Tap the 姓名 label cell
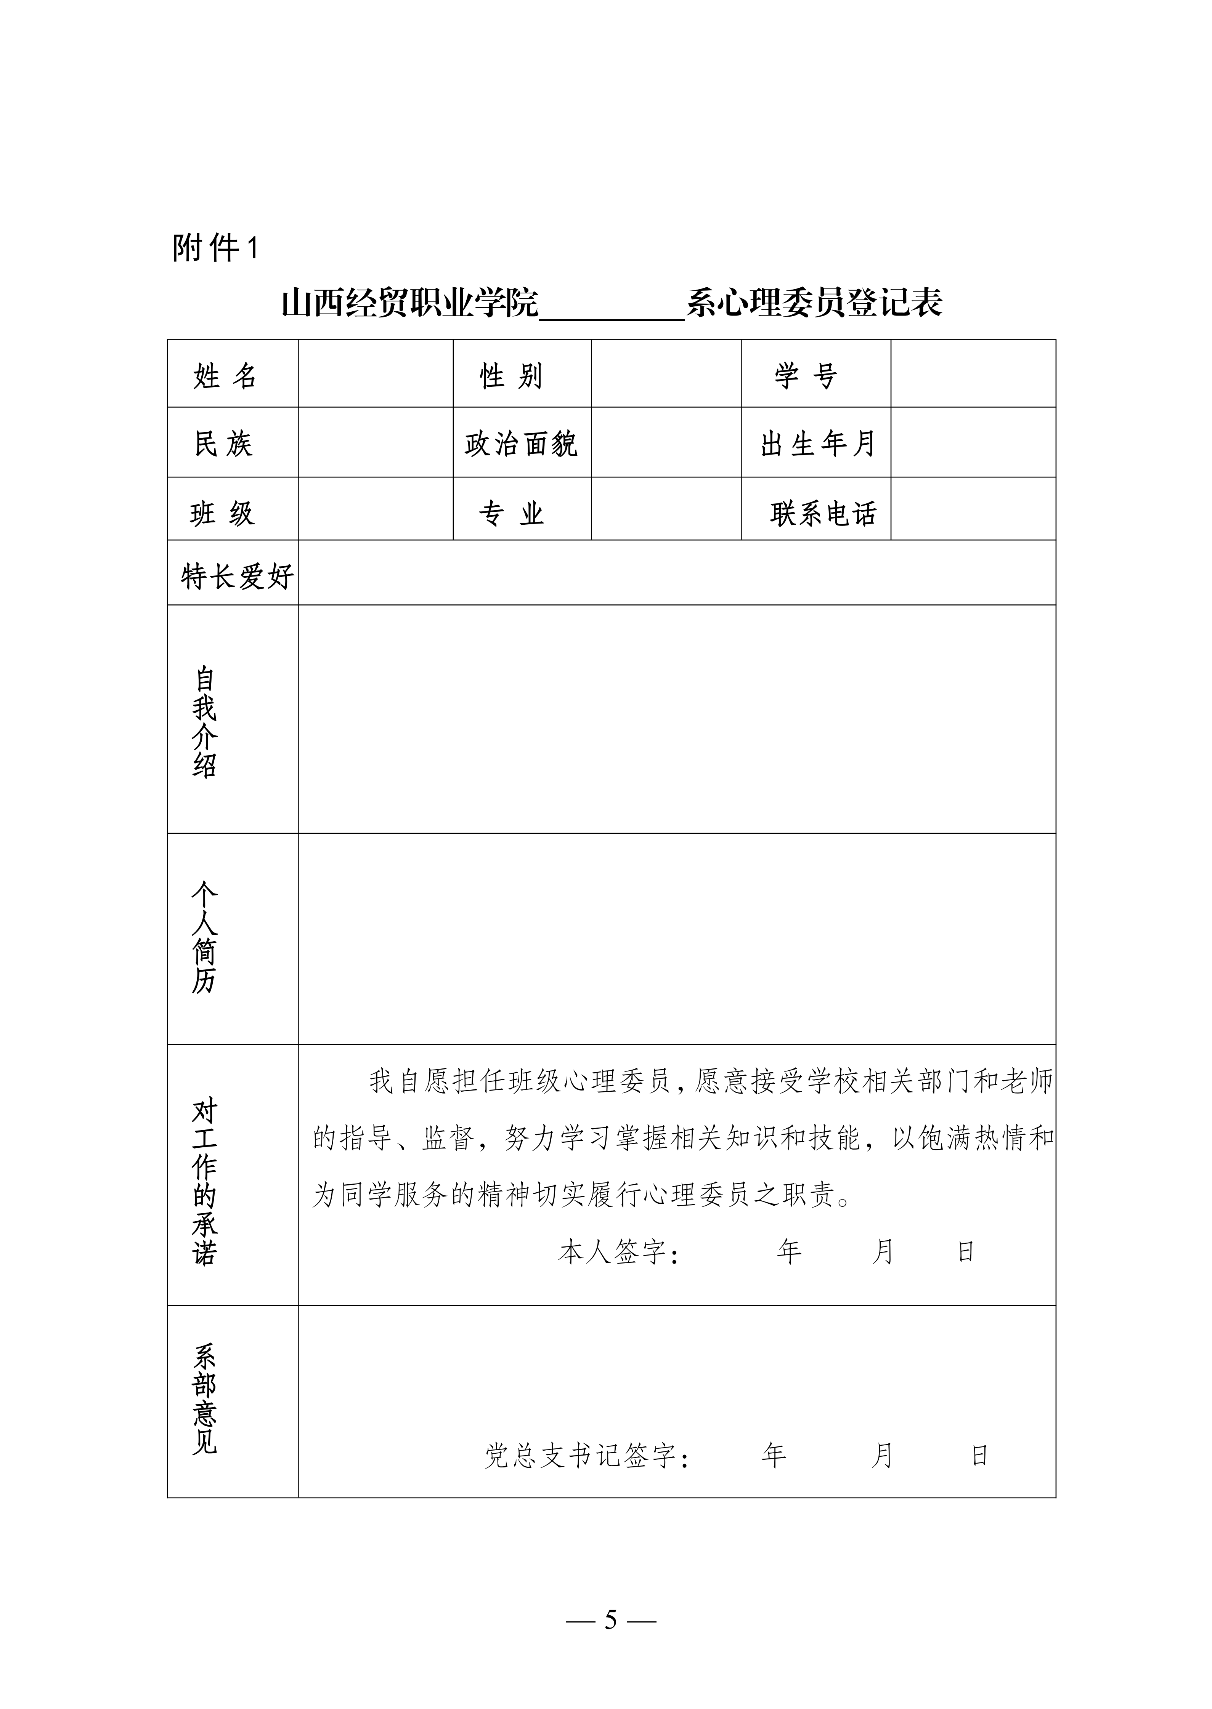[x=225, y=375]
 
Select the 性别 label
[x=511, y=375]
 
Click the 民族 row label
[x=224, y=444]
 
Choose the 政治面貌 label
[x=521, y=444]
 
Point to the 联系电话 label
[x=823, y=513]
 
